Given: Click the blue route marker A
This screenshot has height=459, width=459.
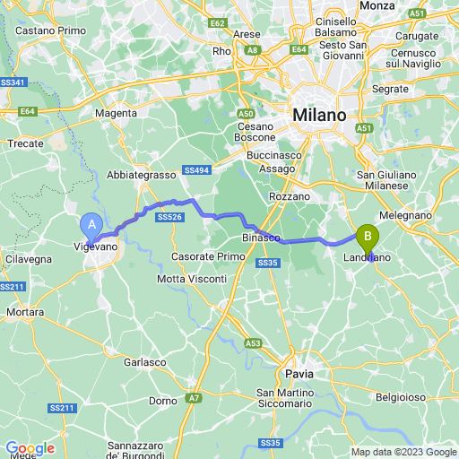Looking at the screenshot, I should point(91,225).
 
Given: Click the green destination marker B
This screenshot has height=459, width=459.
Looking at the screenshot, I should point(367,238).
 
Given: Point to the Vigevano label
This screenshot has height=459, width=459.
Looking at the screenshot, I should point(95,245).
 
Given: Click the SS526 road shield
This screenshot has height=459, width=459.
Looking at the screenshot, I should point(169,217).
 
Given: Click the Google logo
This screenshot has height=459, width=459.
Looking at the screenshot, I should point(30,448).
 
